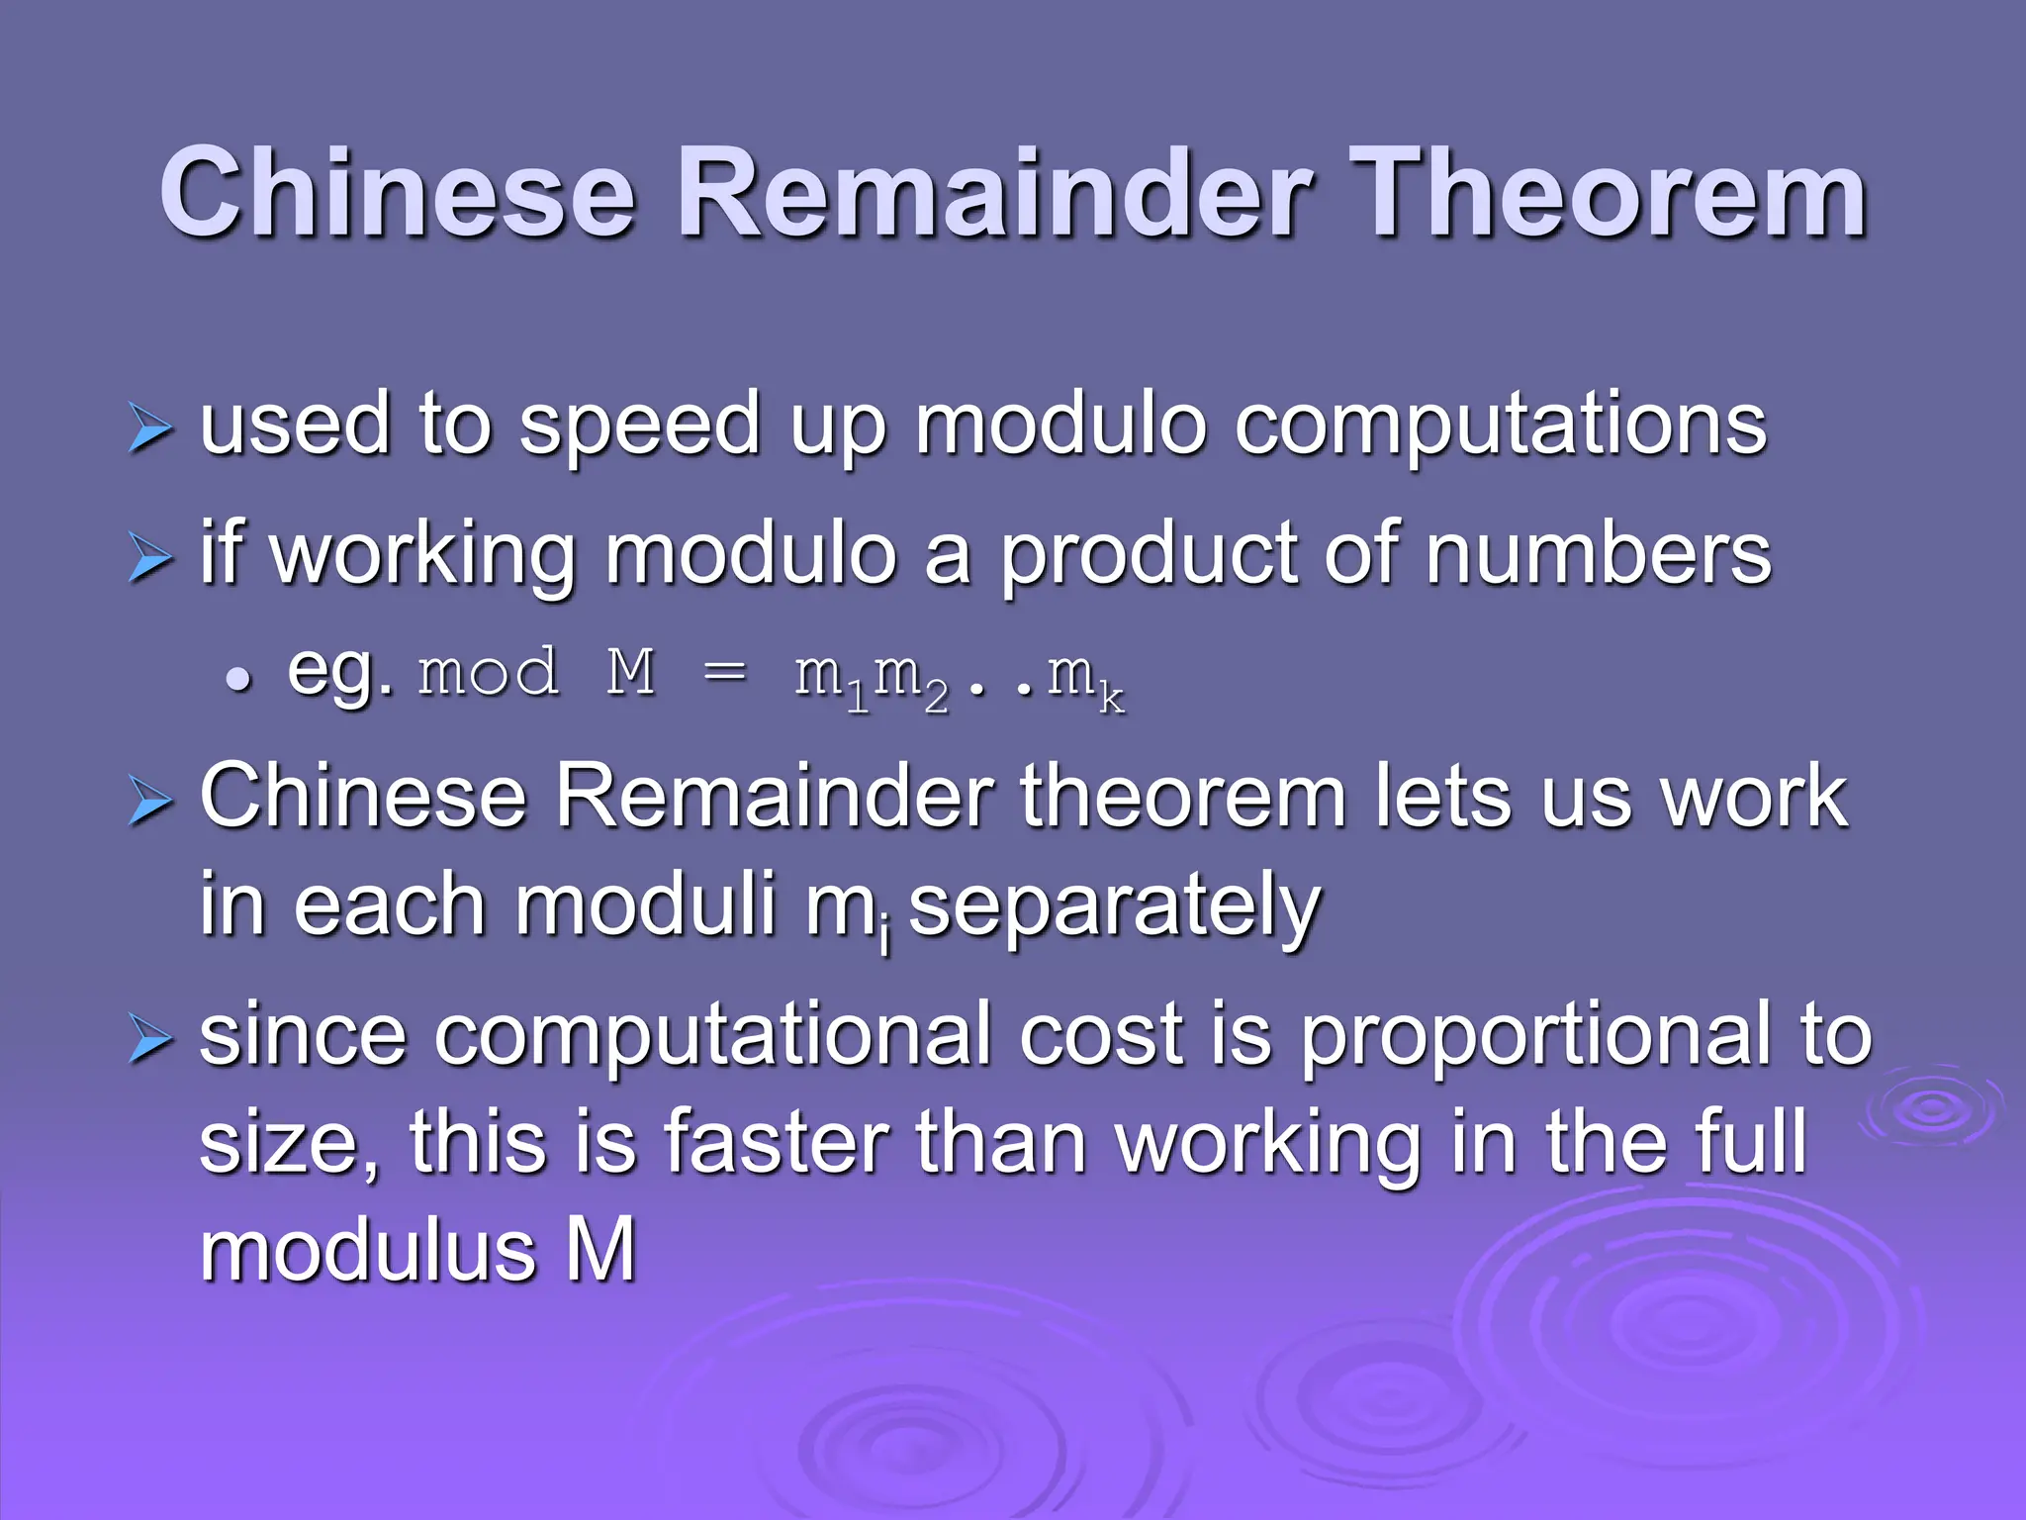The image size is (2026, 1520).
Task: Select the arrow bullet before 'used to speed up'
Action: pos(150,431)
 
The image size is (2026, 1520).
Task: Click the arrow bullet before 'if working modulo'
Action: pos(150,561)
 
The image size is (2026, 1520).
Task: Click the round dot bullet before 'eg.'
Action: pos(238,681)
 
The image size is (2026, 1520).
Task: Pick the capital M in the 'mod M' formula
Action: pos(631,673)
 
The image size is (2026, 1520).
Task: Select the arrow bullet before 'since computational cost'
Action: pos(150,1042)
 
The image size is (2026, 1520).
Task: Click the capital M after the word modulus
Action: pos(600,1250)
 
